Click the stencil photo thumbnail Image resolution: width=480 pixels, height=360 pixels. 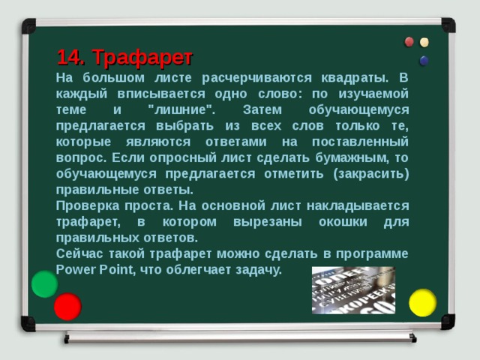(352, 289)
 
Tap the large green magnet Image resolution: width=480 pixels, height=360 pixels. (44, 283)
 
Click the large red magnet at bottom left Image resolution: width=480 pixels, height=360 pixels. (67, 306)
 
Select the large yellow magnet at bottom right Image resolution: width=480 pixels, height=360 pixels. (422, 302)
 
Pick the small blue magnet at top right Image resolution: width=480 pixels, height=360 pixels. (424, 60)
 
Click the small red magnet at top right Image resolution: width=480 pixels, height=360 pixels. (409, 42)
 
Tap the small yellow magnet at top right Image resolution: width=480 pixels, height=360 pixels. (424, 42)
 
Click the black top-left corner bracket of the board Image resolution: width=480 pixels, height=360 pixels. (28, 25)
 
